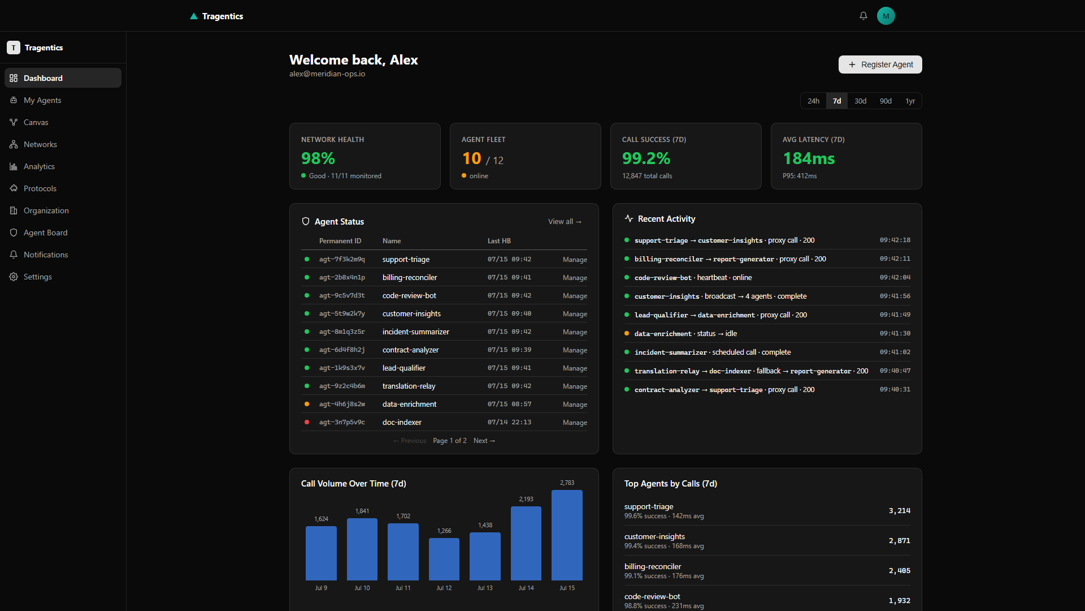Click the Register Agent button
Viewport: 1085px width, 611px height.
coord(880,64)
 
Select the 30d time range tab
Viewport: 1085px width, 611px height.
coord(860,101)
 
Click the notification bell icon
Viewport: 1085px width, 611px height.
coord(863,16)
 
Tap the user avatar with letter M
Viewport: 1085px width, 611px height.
coord(886,16)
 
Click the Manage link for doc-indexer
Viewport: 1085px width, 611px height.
coord(575,423)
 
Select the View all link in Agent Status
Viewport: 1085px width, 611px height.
coord(565,222)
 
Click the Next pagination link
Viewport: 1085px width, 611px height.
coord(484,441)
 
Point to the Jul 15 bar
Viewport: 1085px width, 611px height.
coord(567,535)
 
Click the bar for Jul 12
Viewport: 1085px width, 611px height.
coord(444,559)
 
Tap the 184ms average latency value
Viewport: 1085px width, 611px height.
coord(809,158)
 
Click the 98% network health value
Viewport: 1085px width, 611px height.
coord(318,158)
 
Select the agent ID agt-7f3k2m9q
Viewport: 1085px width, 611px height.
coord(342,260)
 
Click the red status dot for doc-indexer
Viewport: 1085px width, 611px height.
coord(307,422)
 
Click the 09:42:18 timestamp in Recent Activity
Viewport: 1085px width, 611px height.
coord(895,240)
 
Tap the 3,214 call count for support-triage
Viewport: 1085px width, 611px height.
coord(899,511)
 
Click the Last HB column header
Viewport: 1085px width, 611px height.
coord(499,241)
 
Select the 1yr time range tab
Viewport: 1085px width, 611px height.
coord(910,101)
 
